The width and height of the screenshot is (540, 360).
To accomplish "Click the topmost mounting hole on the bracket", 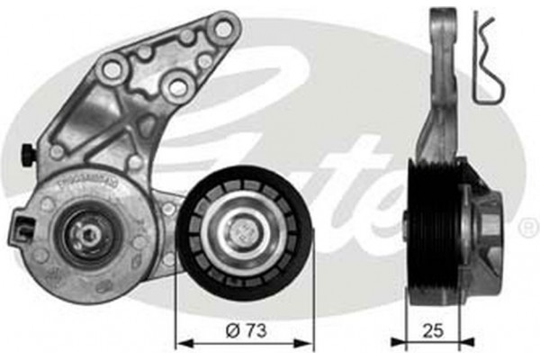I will click(221, 29).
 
